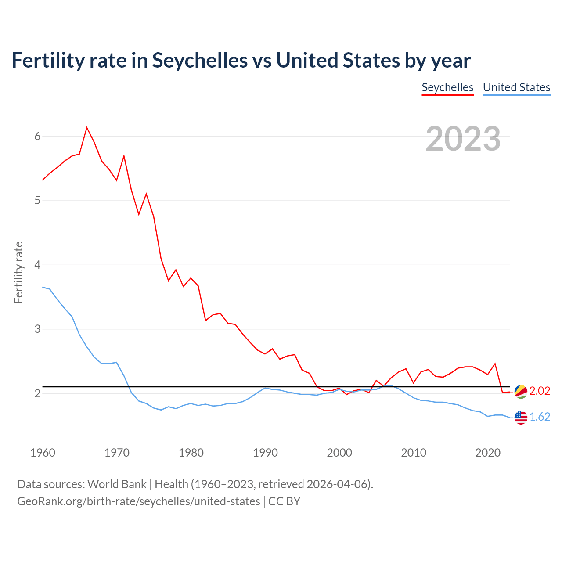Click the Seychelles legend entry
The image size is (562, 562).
point(447,87)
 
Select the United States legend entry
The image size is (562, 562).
point(516,87)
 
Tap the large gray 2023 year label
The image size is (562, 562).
point(463,139)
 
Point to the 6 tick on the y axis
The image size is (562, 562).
point(37,136)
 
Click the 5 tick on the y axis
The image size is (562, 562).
point(37,201)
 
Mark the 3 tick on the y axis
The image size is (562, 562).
point(37,329)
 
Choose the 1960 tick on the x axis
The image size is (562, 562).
point(43,453)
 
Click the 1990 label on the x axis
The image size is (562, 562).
point(265,453)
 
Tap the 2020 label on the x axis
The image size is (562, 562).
point(488,453)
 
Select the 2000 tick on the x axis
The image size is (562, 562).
point(339,453)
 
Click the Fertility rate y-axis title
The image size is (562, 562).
point(18,272)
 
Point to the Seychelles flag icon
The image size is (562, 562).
point(521,391)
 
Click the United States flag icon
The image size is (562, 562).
point(521,417)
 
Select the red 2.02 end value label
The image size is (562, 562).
point(540,391)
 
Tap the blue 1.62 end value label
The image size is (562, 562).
point(540,417)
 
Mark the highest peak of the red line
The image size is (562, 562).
point(87,128)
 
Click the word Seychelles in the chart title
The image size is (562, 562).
point(200,60)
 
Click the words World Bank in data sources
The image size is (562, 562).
point(117,484)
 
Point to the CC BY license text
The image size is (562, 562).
point(284,501)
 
